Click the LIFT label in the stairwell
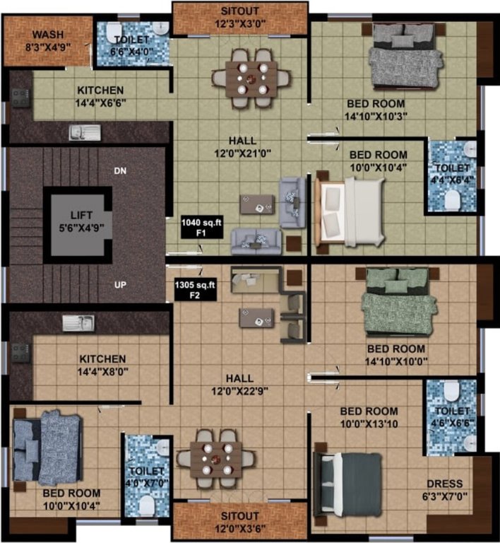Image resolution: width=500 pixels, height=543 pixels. click(78, 215)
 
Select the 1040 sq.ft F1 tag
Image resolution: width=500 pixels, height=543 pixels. click(192, 226)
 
